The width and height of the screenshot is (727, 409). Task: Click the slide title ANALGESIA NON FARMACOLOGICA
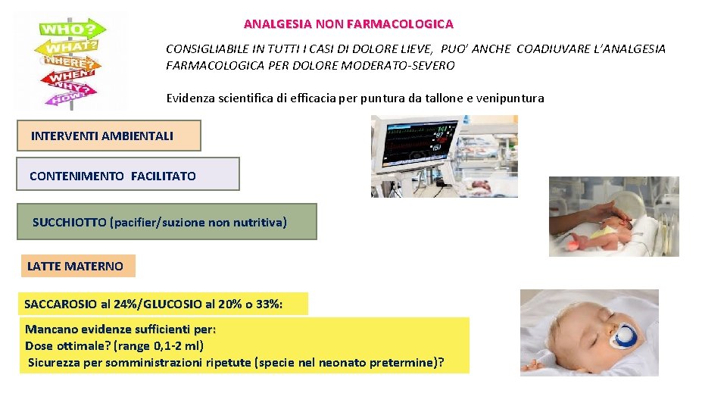(x=348, y=24)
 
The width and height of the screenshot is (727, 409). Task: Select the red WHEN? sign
(x=70, y=76)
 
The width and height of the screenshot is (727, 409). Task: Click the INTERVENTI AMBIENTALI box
(x=102, y=136)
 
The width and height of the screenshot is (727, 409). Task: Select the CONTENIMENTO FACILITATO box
(x=113, y=176)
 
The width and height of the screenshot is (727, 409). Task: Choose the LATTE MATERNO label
(x=75, y=267)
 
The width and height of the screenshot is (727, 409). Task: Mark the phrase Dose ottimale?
(x=68, y=345)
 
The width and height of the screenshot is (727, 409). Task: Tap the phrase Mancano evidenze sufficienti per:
(x=120, y=329)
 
